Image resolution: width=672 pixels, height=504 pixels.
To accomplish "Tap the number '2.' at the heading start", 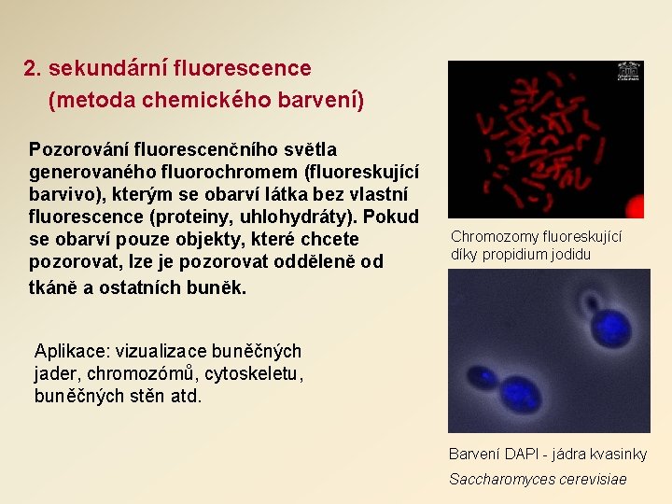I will pos(34,68).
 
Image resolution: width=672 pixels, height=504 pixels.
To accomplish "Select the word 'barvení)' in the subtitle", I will pos(326,99).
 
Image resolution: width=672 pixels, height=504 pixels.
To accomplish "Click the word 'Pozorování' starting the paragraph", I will pos(79,149).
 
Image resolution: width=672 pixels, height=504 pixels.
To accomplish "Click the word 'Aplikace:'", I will pos(72,351).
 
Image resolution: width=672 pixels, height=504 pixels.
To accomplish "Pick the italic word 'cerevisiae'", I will pos(592,479).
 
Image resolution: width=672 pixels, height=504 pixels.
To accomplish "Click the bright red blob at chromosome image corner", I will pos(635,207).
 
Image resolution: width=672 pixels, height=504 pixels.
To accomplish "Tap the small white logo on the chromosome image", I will pos(628,72).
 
